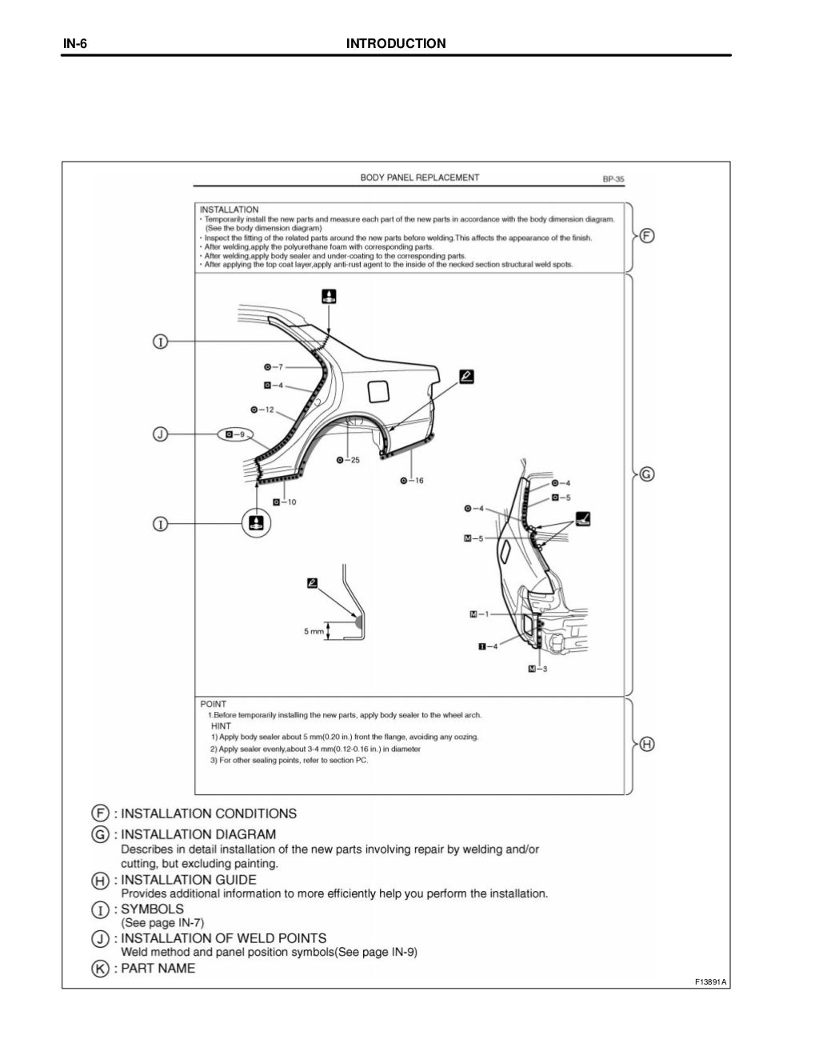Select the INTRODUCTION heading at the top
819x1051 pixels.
pyautogui.click(x=396, y=43)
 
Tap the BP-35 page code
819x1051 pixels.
pyautogui.click(x=613, y=179)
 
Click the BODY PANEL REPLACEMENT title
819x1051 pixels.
pyautogui.click(x=419, y=178)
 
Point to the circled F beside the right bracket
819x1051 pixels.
pyautogui.click(x=647, y=236)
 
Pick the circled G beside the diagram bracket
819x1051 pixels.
pyautogui.click(x=647, y=474)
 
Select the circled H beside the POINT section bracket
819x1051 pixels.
pyautogui.click(x=647, y=745)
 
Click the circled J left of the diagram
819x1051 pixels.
pyautogui.click(x=160, y=434)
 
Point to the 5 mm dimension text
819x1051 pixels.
pyautogui.click(x=314, y=631)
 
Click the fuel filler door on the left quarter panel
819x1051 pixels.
pyautogui.click(x=378, y=391)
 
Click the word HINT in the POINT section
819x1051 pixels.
pyautogui.click(x=221, y=726)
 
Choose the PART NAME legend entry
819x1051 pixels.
pyautogui.click(x=158, y=968)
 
